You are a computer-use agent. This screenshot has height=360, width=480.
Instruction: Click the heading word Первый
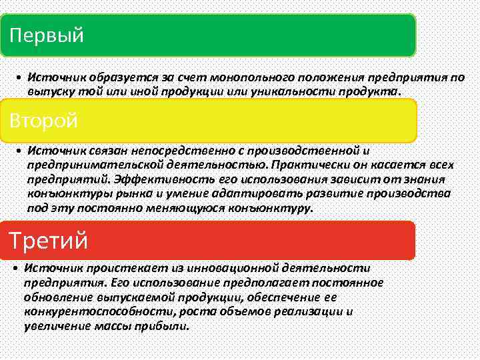coord(47,35)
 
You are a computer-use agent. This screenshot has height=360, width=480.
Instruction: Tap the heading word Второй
coord(44,121)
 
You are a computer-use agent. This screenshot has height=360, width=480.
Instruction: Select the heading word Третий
coord(48,239)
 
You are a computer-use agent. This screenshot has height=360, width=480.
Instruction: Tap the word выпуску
coord(48,91)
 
